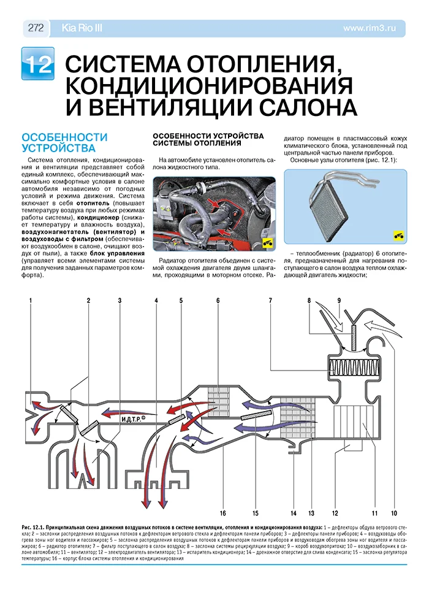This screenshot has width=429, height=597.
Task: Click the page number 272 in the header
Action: (x=35, y=28)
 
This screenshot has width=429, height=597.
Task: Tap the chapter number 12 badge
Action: (x=37, y=64)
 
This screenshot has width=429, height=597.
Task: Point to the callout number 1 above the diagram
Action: (x=30, y=300)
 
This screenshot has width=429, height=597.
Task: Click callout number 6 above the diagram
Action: (x=218, y=300)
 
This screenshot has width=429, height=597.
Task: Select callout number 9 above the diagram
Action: (x=338, y=300)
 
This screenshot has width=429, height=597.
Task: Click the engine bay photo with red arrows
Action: (x=213, y=213)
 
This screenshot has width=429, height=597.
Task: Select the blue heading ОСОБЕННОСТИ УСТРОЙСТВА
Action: (x=64, y=142)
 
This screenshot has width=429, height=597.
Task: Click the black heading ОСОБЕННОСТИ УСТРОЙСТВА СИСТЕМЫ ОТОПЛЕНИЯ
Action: (x=208, y=139)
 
